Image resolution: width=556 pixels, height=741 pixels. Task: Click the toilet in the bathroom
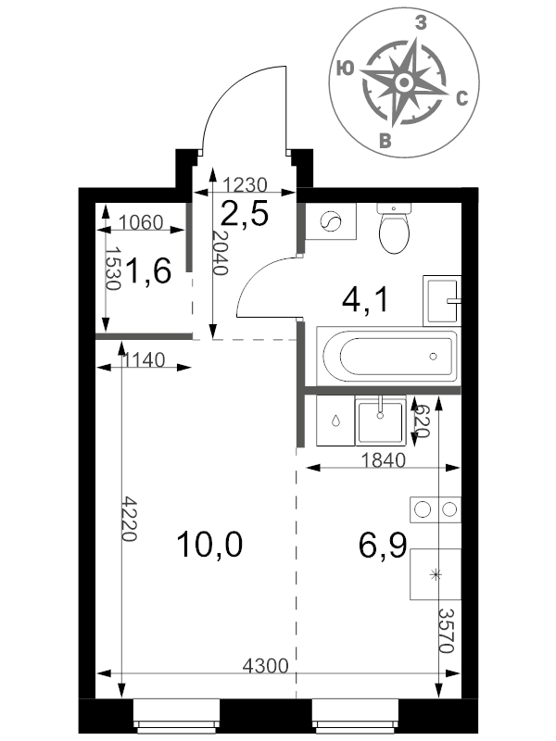(x=394, y=228)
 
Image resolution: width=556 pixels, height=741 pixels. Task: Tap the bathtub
(x=387, y=356)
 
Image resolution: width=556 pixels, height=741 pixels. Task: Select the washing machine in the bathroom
(x=331, y=221)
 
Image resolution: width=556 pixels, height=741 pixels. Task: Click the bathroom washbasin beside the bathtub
(x=442, y=300)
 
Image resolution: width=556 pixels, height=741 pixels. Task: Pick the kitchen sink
(x=381, y=421)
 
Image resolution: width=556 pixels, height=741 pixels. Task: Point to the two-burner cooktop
(x=436, y=509)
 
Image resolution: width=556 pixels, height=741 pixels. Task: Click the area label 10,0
(x=209, y=544)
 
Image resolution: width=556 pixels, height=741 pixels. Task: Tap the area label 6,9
(x=383, y=545)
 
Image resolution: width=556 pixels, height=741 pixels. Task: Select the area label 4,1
(x=365, y=299)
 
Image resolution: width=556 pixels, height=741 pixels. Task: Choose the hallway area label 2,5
(x=245, y=213)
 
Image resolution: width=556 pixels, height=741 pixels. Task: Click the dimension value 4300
(x=265, y=666)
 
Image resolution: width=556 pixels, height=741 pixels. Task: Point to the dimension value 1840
(x=383, y=459)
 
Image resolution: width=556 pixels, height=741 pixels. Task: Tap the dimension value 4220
(x=130, y=518)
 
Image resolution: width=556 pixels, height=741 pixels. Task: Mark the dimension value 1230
(x=245, y=184)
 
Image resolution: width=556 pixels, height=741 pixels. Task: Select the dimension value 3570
(x=447, y=630)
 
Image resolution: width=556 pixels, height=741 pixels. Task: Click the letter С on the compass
(x=461, y=98)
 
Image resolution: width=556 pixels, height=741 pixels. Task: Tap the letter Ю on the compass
(x=345, y=69)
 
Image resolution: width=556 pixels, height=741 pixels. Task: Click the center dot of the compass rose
(x=404, y=82)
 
